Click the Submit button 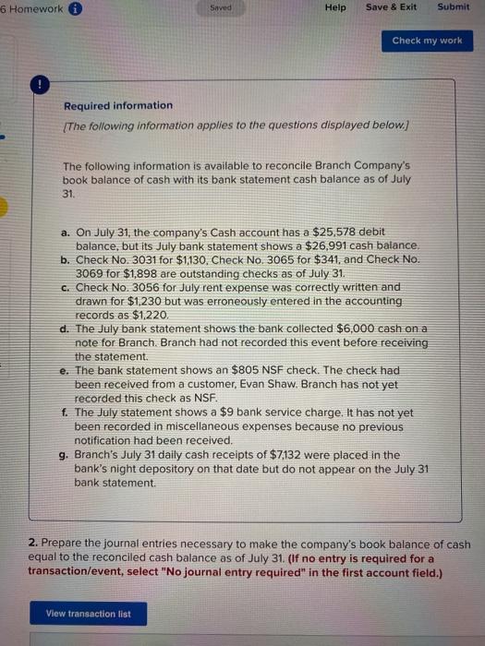pos(454,7)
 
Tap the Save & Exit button pos(391,7)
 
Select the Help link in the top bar pos(335,7)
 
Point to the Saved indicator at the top pos(220,7)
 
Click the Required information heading pos(117,105)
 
